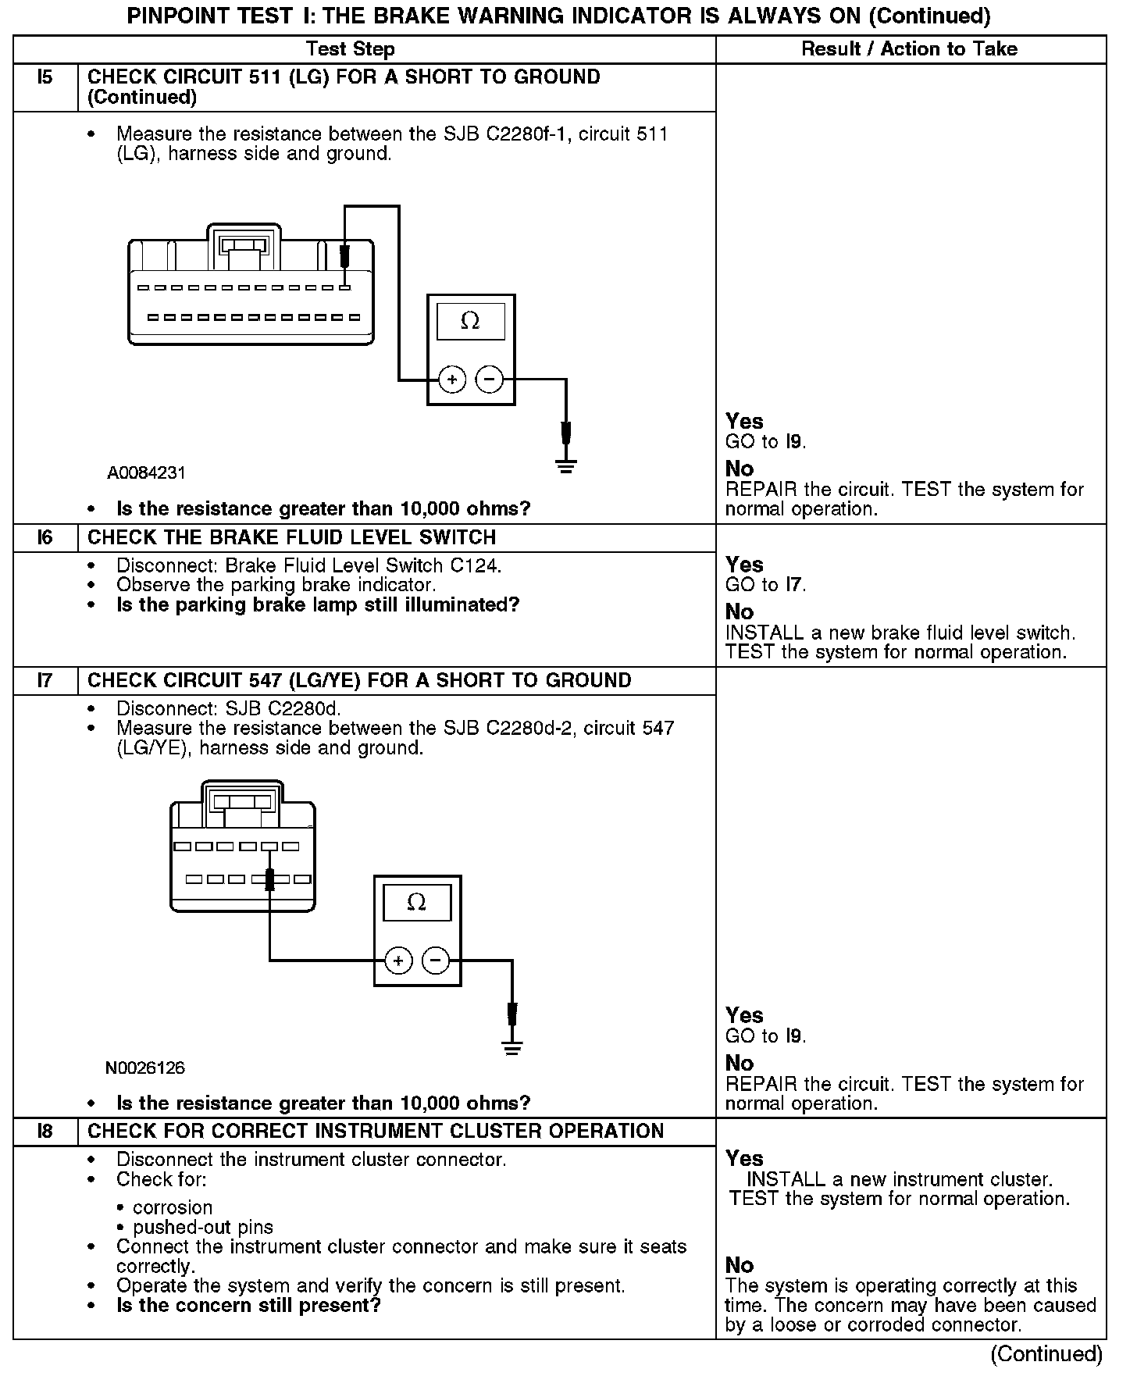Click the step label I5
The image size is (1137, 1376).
45,77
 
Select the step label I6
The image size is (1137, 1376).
45,538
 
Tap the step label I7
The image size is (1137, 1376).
45,681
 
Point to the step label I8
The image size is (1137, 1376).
45,1132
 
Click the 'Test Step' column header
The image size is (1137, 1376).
351,49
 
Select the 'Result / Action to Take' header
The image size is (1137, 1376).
910,49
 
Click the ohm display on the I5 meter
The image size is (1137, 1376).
470,321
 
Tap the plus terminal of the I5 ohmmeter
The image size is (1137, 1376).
452,380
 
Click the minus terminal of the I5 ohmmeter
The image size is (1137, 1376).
490,380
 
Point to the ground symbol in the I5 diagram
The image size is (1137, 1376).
566,466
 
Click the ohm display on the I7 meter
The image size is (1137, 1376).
417,903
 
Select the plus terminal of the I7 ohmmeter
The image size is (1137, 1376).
398,961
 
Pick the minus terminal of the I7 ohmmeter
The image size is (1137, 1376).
436,961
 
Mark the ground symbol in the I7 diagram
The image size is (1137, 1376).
512,1047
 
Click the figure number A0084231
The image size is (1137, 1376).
147,473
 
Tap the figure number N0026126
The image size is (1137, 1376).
145,1068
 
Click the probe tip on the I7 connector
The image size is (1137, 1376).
270,880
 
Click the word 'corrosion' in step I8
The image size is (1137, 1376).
173,1207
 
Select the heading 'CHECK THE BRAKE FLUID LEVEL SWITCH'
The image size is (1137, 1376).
291,538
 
